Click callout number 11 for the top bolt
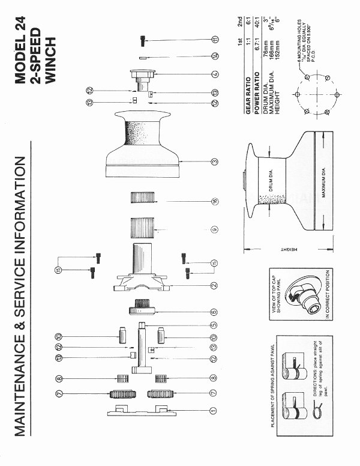pos(214,40)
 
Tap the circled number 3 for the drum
pos(214,162)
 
